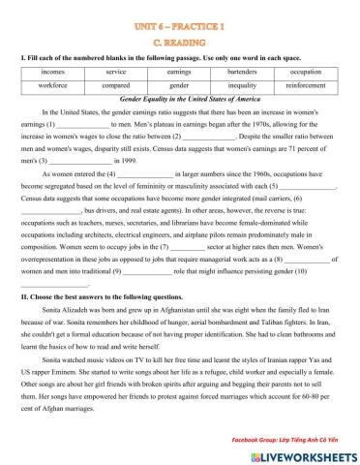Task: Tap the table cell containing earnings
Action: click(x=179, y=73)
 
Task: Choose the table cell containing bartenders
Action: click(x=242, y=73)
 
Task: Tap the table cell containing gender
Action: click(x=179, y=87)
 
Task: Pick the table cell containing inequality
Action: click(x=242, y=87)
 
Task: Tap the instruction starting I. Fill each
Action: click(x=145, y=56)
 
